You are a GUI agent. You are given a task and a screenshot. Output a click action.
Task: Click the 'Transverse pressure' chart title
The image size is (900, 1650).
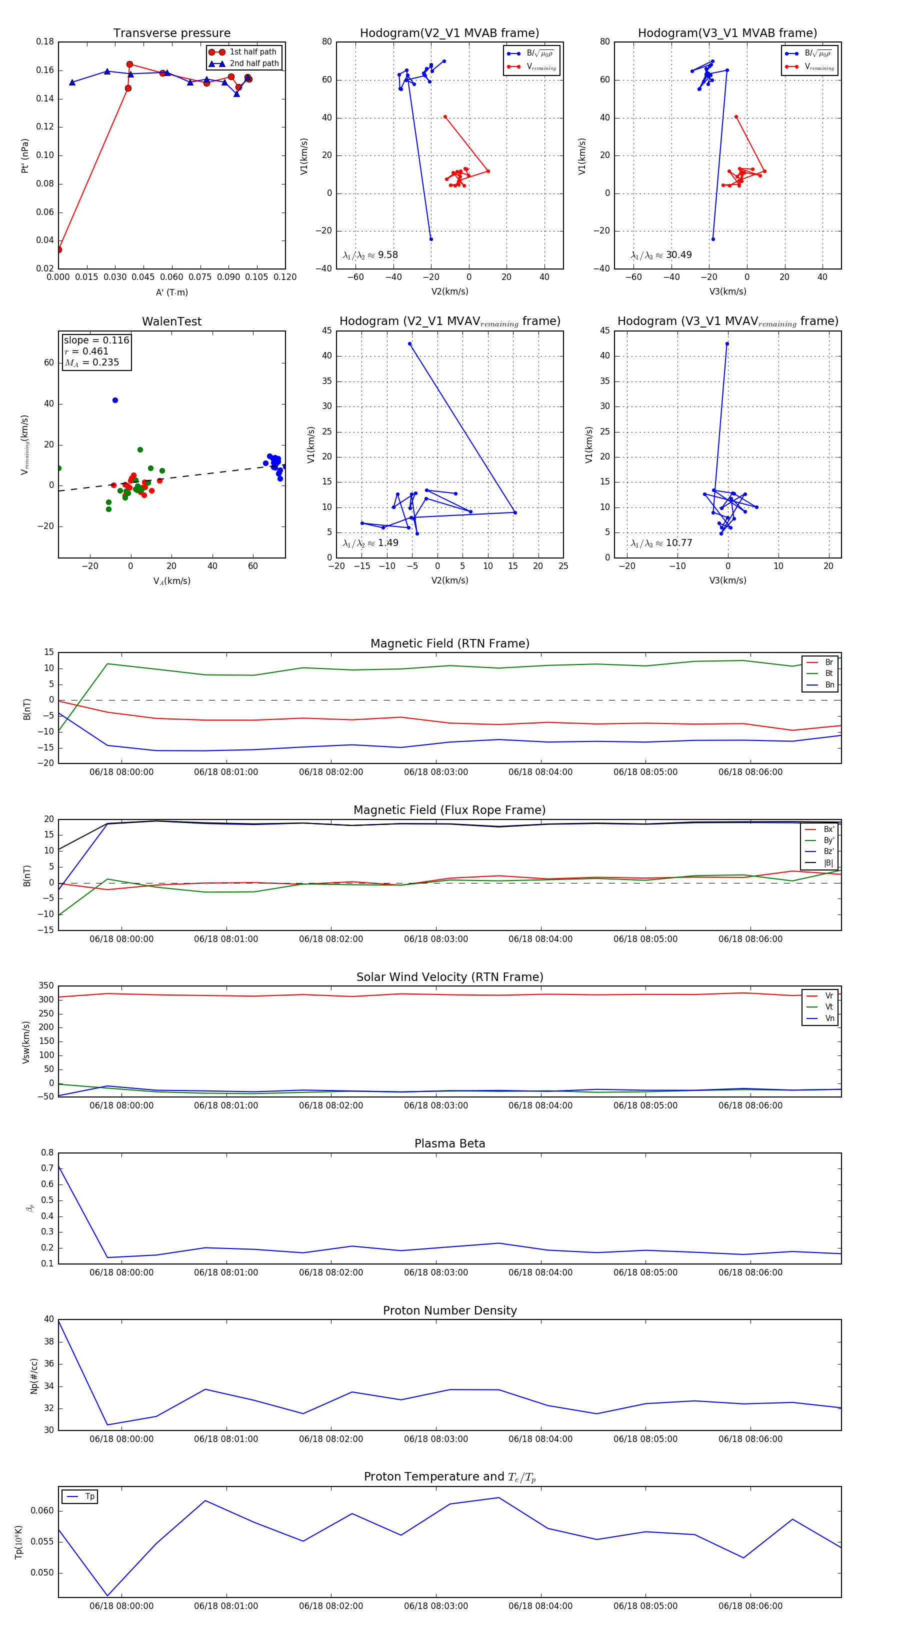click(x=171, y=33)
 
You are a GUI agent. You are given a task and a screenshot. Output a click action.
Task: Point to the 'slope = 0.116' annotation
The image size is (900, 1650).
click(x=96, y=340)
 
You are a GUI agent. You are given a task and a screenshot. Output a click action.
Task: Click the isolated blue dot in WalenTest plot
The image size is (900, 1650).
click(x=115, y=400)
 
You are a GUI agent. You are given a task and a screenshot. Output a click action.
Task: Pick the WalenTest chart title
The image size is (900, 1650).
click(x=171, y=321)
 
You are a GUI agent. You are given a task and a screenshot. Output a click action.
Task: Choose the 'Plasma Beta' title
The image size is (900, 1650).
click(x=449, y=1144)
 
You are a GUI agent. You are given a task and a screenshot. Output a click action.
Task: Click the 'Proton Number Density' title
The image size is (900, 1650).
click(x=449, y=1310)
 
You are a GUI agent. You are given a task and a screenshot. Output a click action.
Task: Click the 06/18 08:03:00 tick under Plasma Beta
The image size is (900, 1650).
click(x=435, y=1272)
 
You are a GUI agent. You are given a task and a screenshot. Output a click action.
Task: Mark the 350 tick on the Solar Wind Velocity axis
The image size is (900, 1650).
click(x=45, y=986)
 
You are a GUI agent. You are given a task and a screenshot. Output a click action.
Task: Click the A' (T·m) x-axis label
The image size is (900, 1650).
click(x=171, y=292)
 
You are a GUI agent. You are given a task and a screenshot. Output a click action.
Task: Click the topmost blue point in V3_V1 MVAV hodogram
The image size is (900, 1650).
click(x=727, y=344)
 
